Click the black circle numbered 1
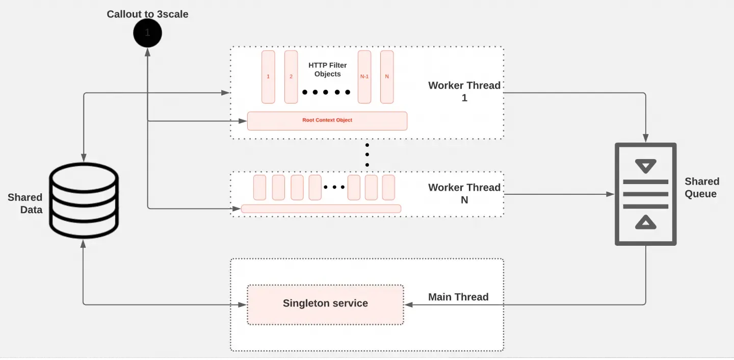pos(147,33)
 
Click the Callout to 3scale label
pos(147,14)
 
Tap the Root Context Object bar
pos(327,120)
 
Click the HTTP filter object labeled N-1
pos(364,76)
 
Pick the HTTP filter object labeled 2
pos(291,76)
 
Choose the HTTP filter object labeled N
pos(387,76)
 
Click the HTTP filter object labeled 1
pos(268,76)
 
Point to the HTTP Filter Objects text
pos(327,70)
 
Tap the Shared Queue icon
pos(645,194)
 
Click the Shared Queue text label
pos(701,188)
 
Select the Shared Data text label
pos(25,203)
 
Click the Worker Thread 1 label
pos(464,91)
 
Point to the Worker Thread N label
pos(464,193)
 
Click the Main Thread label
pos(458,297)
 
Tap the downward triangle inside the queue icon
pos(645,166)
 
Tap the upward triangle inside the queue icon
pos(645,222)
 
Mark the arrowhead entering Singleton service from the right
pos(407,304)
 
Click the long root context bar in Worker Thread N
pos(321,209)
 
